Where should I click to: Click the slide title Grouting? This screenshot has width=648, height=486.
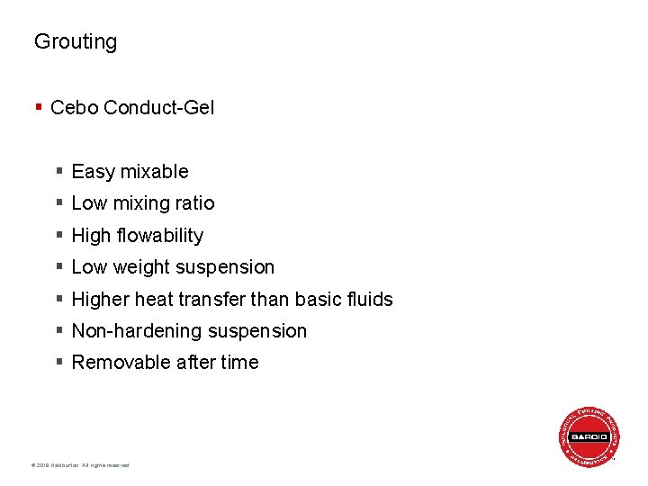pos(76,41)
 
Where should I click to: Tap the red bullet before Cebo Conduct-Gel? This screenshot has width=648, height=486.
pos(38,108)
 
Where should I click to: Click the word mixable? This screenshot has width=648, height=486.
pos(154,172)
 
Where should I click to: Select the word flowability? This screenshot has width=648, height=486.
pos(160,236)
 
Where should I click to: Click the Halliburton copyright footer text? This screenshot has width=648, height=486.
pos(80,465)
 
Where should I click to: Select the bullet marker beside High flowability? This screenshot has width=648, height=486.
pos(58,236)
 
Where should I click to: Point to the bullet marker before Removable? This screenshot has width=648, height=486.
pos(58,363)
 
